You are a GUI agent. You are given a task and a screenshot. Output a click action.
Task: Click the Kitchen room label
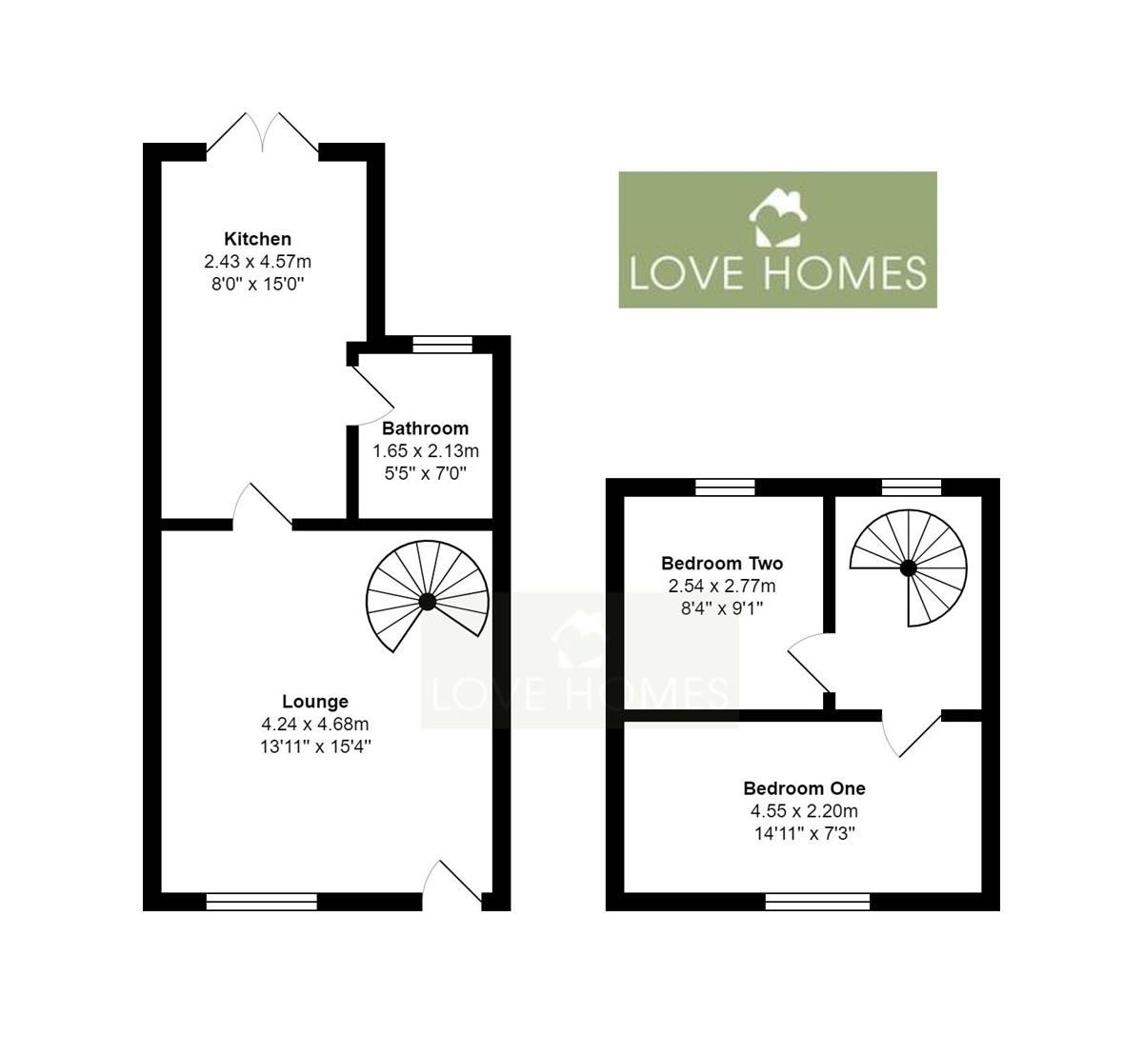pos(257,238)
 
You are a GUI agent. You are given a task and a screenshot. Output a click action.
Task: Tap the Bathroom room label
pos(425,428)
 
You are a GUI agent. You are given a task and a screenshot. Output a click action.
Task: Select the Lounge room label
pos(315,702)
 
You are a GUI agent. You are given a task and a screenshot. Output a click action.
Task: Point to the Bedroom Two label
pos(722,563)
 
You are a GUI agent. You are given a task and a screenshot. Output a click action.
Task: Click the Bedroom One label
pos(804,788)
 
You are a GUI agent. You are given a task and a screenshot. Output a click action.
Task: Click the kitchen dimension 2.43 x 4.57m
pos(257,261)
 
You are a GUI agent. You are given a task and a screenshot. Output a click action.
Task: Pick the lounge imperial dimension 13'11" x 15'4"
pos(315,746)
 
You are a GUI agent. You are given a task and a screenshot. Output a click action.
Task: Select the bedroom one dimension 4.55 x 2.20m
pos(804,811)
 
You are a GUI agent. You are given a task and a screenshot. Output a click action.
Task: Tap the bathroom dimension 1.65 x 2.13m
pos(425,450)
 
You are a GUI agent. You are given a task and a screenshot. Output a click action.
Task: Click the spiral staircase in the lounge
pos(428,601)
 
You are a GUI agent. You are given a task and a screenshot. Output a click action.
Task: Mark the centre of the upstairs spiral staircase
pos(908,567)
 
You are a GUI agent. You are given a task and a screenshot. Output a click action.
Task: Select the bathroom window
pos(442,345)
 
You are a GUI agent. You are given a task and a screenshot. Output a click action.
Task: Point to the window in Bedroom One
pos(817,902)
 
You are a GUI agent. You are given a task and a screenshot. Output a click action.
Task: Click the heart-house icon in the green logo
pos(778,217)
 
